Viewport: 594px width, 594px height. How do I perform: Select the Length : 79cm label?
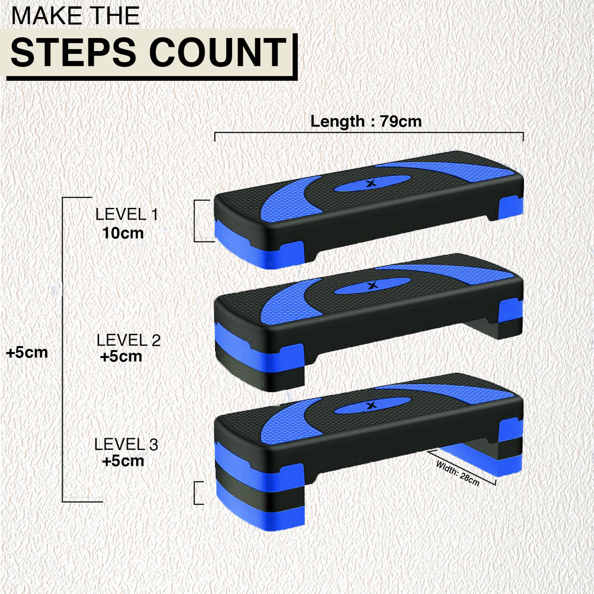[366, 121]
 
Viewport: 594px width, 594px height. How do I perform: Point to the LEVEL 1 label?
[127, 215]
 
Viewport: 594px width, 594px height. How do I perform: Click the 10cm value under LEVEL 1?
[123, 233]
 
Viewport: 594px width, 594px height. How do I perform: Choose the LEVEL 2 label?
[129, 340]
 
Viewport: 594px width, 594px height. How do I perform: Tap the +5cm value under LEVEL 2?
[121, 356]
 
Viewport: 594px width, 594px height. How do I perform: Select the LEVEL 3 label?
[126, 444]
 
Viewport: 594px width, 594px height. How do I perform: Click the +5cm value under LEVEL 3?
[123, 461]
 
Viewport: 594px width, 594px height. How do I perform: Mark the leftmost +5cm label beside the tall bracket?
[27, 353]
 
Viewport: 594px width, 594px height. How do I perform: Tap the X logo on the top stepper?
[372, 183]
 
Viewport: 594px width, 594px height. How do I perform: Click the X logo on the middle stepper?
[372, 285]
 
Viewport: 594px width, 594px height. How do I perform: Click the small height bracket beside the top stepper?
[195, 221]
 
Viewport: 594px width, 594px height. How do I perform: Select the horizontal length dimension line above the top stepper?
[369, 133]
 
